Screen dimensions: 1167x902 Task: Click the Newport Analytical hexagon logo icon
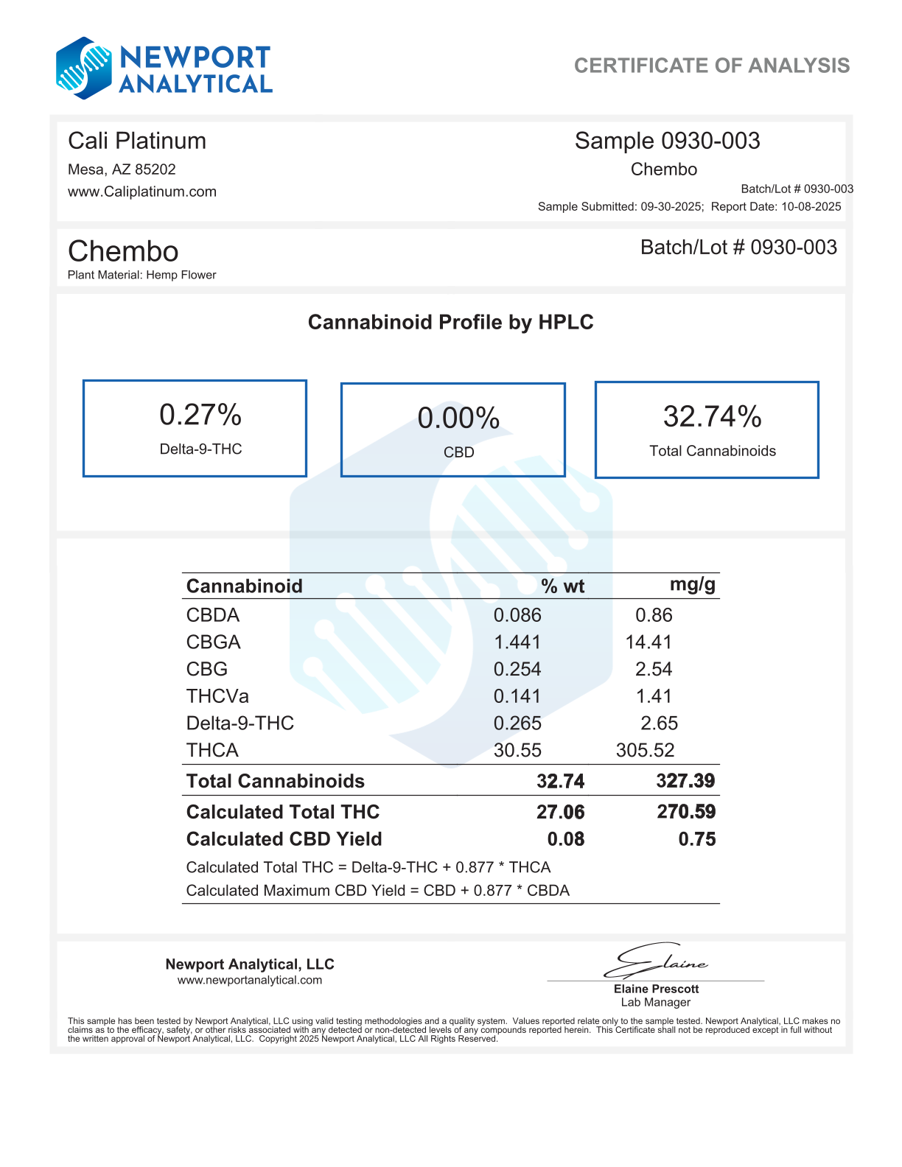tap(83, 69)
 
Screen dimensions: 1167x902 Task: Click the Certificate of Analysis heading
tap(711, 66)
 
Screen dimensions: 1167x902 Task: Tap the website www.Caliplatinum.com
tap(142, 192)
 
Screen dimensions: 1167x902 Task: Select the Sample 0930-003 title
tap(667, 141)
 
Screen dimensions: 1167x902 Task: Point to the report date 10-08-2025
tap(811, 206)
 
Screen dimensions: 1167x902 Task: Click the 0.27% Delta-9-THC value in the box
tap(200, 415)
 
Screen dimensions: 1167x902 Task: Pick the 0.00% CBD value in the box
tap(458, 418)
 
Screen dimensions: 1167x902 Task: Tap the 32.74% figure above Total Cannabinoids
tap(712, 416)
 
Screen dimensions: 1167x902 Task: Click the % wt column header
tap(562, 586)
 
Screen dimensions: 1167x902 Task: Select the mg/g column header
tap(692, 585)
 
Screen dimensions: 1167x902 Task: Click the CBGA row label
tap(213, 642)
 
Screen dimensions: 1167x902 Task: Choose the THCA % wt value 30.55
tap(517, 750)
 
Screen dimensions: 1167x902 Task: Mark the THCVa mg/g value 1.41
tap(654, 696)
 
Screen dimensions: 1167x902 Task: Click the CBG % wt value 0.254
tap(517, 669)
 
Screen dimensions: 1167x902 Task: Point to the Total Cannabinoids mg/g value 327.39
tap(685, 781)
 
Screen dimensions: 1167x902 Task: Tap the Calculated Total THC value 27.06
tap(560, 812)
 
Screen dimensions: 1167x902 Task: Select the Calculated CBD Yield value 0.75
tap(696, 839)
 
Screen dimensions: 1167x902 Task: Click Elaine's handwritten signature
tap(656, 961)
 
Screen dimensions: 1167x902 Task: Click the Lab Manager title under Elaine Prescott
tap(655, 1002)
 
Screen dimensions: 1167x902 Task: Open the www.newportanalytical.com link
tap(249, 980)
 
